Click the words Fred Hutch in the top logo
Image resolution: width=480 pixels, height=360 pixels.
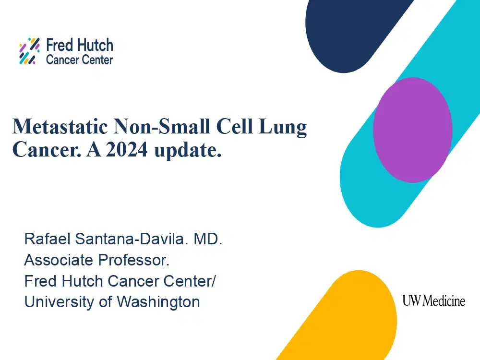79,46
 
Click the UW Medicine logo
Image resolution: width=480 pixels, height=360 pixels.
433,301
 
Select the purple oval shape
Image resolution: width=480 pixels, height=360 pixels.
412,129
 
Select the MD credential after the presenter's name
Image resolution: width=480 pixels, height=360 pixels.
208,239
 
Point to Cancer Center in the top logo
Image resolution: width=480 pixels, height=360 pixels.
79,60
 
